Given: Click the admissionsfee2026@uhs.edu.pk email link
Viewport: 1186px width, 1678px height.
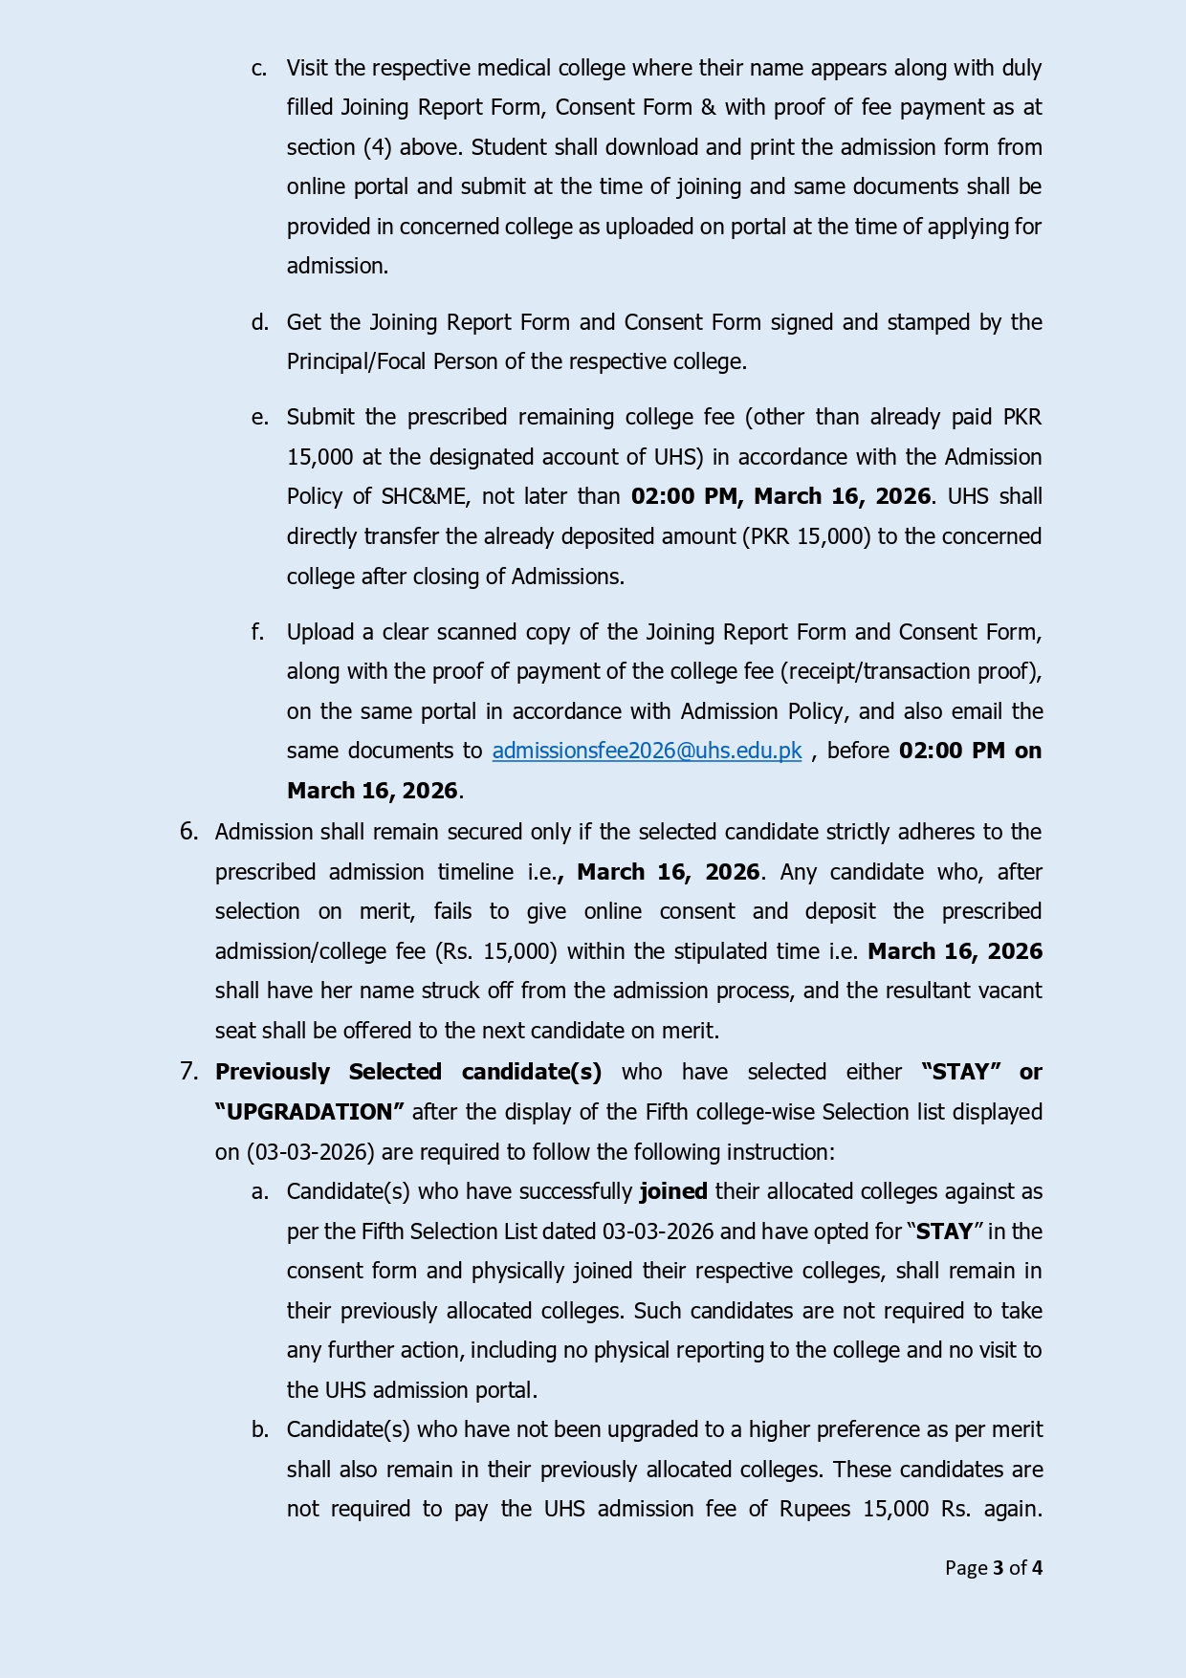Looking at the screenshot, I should point(647,752).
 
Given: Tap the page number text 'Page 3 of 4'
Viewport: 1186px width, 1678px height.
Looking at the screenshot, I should point(993,1567).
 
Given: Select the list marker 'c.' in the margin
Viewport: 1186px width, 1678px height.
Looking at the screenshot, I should point(259,69).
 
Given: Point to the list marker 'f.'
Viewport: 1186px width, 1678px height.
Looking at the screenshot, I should point(258,632).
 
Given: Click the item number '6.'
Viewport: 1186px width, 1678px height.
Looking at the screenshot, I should point(189,832).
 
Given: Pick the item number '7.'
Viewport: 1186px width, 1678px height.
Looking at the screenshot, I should point(189,1072).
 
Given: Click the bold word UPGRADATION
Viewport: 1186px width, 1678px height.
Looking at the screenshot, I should point(310,1112).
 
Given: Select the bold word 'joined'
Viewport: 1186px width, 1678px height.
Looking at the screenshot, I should point(673,1191).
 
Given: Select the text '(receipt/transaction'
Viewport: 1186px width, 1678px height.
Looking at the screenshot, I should point(868,672).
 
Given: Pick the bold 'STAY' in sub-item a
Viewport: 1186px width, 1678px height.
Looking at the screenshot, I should point(944,1231).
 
